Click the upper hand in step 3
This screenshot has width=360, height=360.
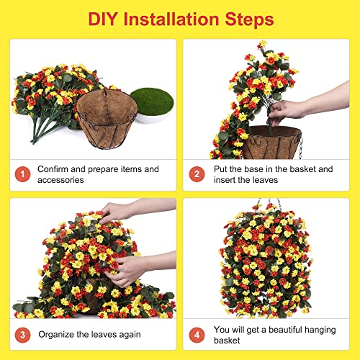pos(119,211)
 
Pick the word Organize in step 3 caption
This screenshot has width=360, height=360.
pos(58,333)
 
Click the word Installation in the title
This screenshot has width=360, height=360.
pos(176,18)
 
